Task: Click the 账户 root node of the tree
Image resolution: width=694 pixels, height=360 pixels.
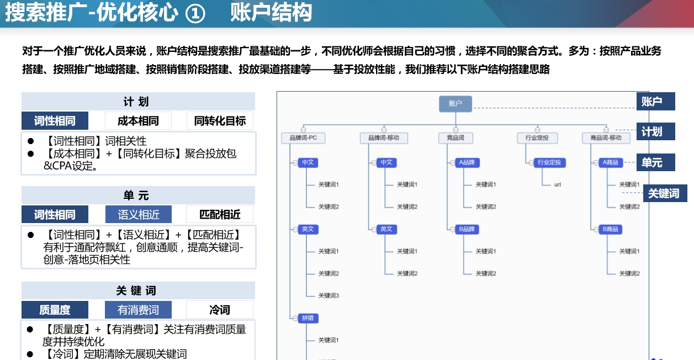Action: (455, 103)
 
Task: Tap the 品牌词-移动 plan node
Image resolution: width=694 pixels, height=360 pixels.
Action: (384, 137)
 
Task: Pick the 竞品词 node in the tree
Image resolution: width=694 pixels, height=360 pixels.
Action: (455, 137)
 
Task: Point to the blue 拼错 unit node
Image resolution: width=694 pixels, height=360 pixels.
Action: (308, 318)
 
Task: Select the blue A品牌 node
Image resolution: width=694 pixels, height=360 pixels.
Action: (467, 163)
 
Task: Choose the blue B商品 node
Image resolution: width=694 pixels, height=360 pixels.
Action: (610, 229)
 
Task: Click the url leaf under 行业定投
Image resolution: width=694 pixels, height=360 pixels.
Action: (558, 184)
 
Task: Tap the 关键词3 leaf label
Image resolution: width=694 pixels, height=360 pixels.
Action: (329, 295)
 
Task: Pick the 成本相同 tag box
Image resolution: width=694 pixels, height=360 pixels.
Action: (138, 121)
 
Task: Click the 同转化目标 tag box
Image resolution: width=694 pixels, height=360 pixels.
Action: (220, 121)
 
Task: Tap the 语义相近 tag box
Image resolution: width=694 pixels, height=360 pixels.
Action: (138, 214)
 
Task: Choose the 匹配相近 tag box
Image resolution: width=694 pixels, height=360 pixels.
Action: (220, 214)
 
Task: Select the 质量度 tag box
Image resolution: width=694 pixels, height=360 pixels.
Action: (55, 310)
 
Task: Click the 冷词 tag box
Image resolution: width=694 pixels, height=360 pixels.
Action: (220, 310)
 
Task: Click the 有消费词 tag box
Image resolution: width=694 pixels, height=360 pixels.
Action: (138, 310)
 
